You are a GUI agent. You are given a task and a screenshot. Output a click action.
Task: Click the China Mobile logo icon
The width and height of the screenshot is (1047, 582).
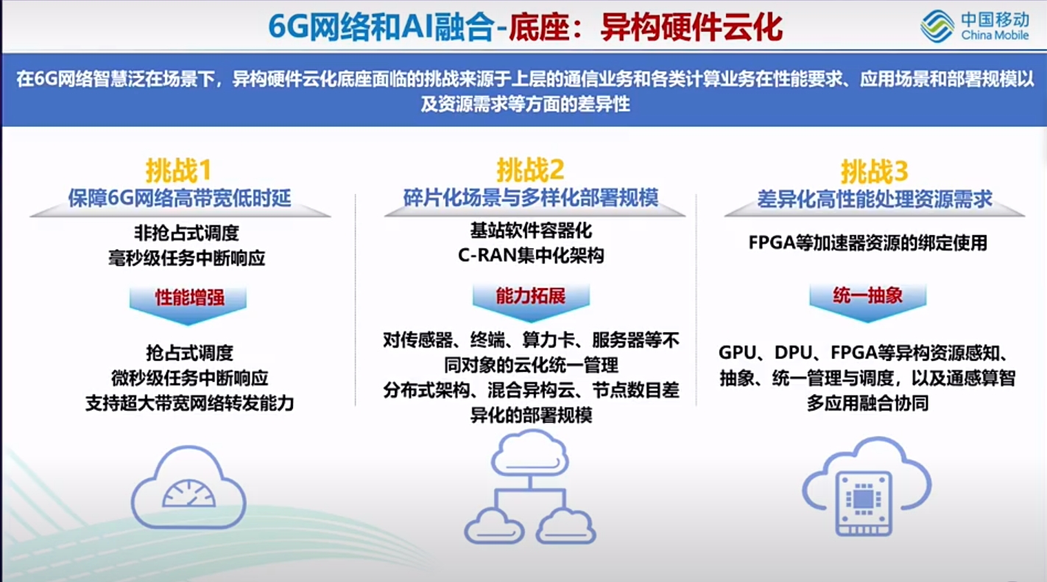[x=937, y=26]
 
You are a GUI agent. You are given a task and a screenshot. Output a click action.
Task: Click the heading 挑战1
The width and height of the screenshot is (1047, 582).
[x=178, y=171]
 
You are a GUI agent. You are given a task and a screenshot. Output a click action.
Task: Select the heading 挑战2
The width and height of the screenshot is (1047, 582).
[x=529, y=171]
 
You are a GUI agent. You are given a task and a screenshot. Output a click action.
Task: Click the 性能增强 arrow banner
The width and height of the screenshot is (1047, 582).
[x=188, y=298]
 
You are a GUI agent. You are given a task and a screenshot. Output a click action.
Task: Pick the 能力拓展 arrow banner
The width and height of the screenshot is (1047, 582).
[x=530, y=297]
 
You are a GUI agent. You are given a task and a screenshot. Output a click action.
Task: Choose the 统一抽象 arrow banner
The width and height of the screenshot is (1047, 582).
[x=867, y=297]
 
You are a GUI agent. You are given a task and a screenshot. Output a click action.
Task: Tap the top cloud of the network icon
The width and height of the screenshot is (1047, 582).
[x=529, y=452]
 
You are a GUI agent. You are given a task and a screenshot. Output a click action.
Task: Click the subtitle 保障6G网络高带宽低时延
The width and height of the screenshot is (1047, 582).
[x=180, y=198]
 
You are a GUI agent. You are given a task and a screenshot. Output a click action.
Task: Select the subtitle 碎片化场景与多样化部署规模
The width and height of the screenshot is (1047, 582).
[x=530, y=198]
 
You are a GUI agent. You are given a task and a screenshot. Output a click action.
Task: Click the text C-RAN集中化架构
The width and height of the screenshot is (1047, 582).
[x=530, y=256]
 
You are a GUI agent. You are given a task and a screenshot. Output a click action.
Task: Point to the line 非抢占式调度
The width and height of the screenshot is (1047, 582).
[x=186, y=234]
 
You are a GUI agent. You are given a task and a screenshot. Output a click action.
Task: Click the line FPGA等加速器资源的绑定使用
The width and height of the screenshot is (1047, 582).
[x=867, y=243]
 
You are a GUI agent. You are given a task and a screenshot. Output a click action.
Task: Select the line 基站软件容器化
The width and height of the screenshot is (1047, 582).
[x=530, y=231]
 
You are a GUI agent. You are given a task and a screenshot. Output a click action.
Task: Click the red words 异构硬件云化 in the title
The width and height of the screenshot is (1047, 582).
[x=691, y=27]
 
